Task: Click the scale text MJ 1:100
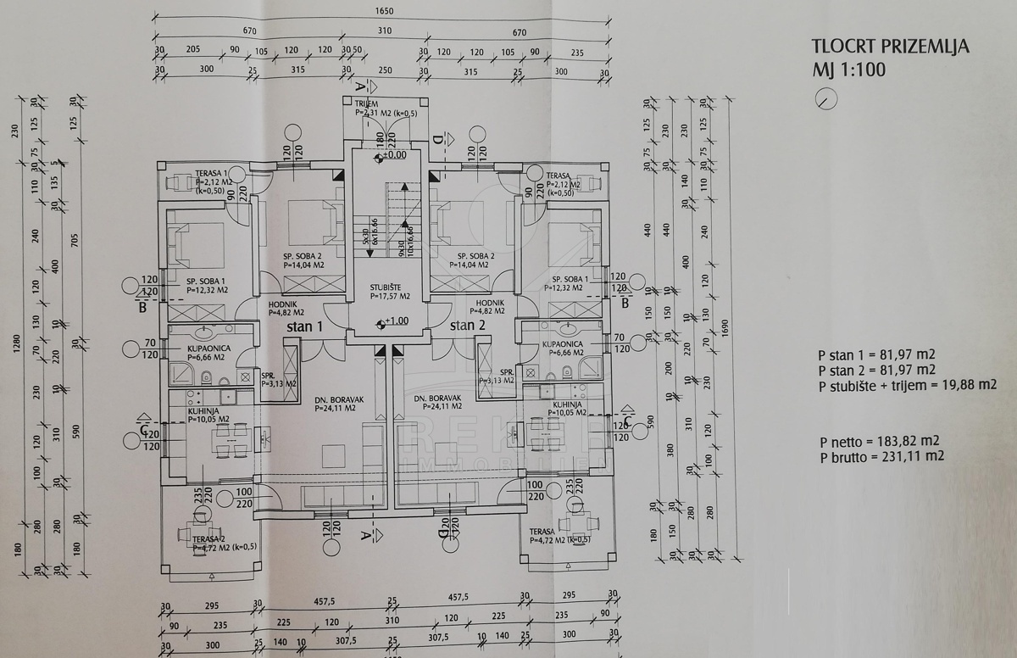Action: tap(848, 69)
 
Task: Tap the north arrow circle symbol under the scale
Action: tap(825, 99)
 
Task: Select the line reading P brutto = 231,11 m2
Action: tap(881, 456)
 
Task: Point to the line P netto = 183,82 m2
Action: tap(879, 441)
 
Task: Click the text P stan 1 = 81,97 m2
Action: tap(876, 354)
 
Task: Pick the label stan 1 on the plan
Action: tap(304, 326)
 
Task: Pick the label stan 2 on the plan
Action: tap(467, 326)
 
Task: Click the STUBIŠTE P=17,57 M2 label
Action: tap(390, 291)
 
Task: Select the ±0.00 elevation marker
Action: tap(391, 155)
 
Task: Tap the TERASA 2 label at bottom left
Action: tap(208, 539)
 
